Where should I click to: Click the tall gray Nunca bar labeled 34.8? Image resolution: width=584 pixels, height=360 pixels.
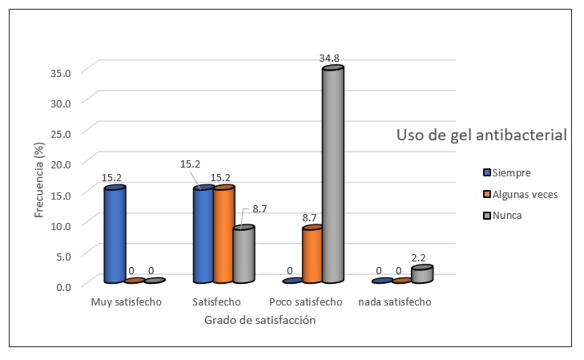coord(332,175)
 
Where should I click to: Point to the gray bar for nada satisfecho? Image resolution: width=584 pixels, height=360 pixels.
coord(421,274)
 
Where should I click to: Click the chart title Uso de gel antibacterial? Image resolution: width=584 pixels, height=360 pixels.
coord(481,135)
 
